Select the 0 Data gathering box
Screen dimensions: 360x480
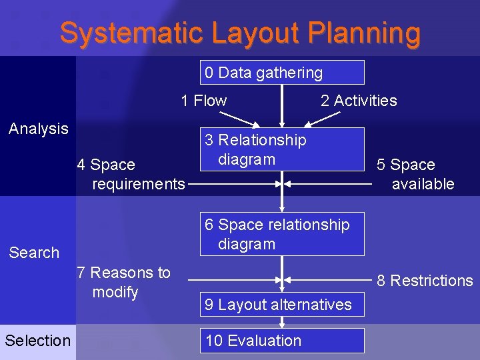tap(282, 73)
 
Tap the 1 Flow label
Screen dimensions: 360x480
tap(203, 101)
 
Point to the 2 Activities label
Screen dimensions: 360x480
tap(358, 101)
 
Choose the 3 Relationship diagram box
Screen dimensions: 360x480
tap(282, 149)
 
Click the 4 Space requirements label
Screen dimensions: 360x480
tap(131, 174)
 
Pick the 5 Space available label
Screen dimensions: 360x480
tap(415, 174)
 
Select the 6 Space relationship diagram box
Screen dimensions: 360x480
tap(282, 234)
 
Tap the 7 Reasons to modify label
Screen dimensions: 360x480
tap(124, 282)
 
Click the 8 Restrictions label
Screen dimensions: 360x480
tap(425, 281)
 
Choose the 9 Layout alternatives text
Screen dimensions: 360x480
tap(278, 305)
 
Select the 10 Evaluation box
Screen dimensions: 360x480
tap(282, 341)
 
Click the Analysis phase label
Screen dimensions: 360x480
tap(39, 129)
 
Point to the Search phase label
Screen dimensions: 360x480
tap(34, 253)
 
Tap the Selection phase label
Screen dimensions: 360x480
tap(37, 341)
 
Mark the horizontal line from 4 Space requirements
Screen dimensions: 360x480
tap(233, 183)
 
